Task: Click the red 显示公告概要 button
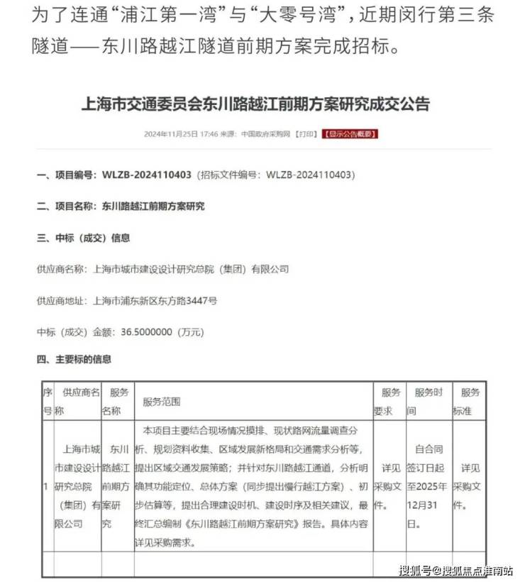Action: coord(350,133)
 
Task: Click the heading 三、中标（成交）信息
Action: coord(83,238)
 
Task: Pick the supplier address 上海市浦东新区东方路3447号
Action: coord(155,300)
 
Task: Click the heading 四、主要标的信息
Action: coord(74,360)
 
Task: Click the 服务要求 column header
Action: coord(391,402)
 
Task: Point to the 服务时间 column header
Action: coord(429,402)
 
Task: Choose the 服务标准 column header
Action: coord(469,402)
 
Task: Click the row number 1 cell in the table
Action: coord(46,486)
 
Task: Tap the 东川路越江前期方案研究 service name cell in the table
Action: coord(115,486)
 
